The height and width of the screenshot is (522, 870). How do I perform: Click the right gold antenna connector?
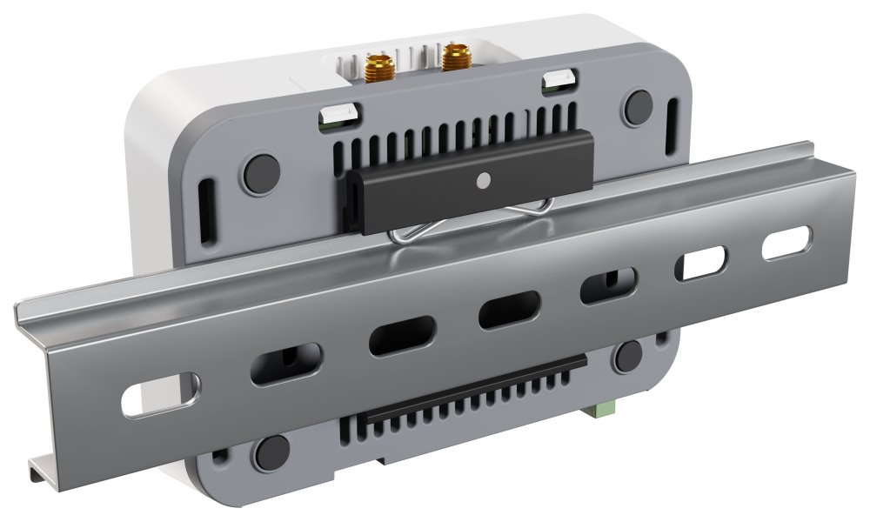tap(453, 58)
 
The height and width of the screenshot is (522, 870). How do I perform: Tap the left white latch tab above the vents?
tap(339, 113)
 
